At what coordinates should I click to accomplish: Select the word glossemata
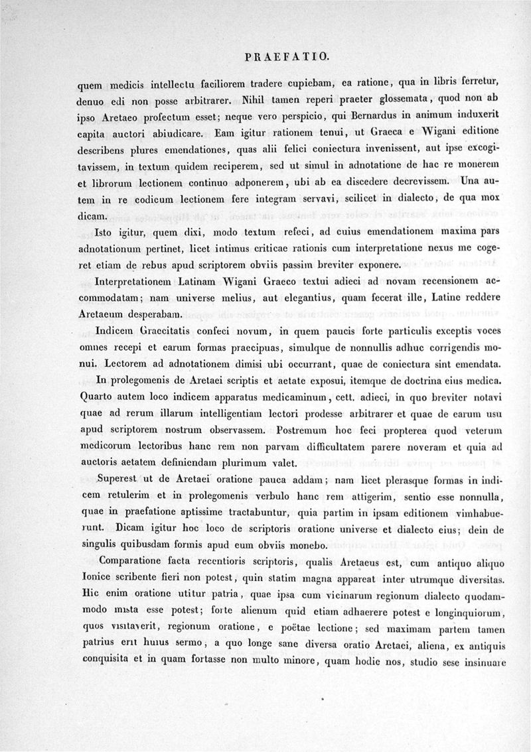pos(382,100)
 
